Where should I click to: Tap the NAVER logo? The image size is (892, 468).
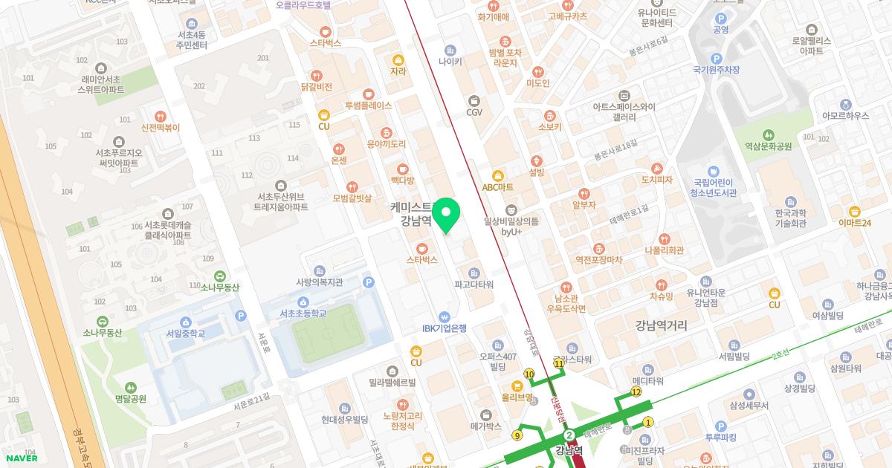(20, 458)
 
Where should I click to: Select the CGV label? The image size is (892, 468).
(474, 111)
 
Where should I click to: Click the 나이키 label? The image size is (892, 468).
(450, 62)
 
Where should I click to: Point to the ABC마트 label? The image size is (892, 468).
(497, 186)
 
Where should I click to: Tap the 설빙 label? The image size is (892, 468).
(537, 172)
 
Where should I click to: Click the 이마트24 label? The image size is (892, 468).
(854, 222)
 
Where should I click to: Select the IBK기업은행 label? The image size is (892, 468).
(444, 328)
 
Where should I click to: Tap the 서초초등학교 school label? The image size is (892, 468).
(303, 313)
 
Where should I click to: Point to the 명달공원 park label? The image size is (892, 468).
(131, 398)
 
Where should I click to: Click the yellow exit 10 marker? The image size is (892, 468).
(529, 374)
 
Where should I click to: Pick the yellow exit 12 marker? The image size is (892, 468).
(636, 391)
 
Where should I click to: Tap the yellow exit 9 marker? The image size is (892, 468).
(517, 435)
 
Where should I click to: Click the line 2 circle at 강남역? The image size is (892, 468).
(569, 435)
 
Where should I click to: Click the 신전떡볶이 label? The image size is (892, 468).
(160, 127)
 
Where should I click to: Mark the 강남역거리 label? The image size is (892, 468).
(661, 325)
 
